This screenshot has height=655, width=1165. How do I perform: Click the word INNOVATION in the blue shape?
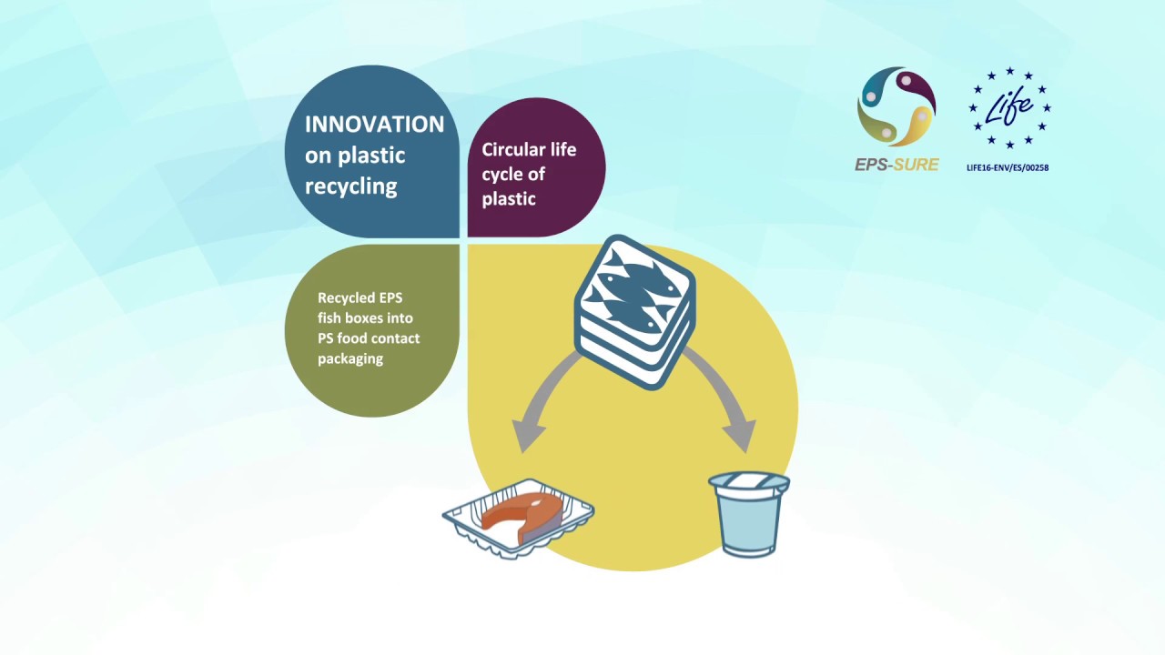[x=374, y=125]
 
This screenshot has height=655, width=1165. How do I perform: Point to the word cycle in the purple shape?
[x=501, y=174]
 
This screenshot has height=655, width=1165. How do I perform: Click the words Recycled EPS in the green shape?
[x=360, y=297]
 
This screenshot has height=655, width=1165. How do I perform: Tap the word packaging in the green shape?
[x=350, y=358]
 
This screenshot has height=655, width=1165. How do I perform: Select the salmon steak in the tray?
[x=514, y=514]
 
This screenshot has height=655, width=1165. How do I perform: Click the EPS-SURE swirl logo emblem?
[x=897, y=106]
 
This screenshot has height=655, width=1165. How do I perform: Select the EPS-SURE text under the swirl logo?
[x=897, y=165]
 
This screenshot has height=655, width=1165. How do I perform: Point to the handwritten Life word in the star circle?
[x=1009, y=107]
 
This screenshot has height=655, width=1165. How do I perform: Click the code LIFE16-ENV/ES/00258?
[x=1008, y=167]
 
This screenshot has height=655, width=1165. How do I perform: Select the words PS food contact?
[x=369, y=338]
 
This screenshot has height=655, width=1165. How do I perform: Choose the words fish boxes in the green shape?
[x=365, y=318]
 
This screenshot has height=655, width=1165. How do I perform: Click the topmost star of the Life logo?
[x=1009, y=71]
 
